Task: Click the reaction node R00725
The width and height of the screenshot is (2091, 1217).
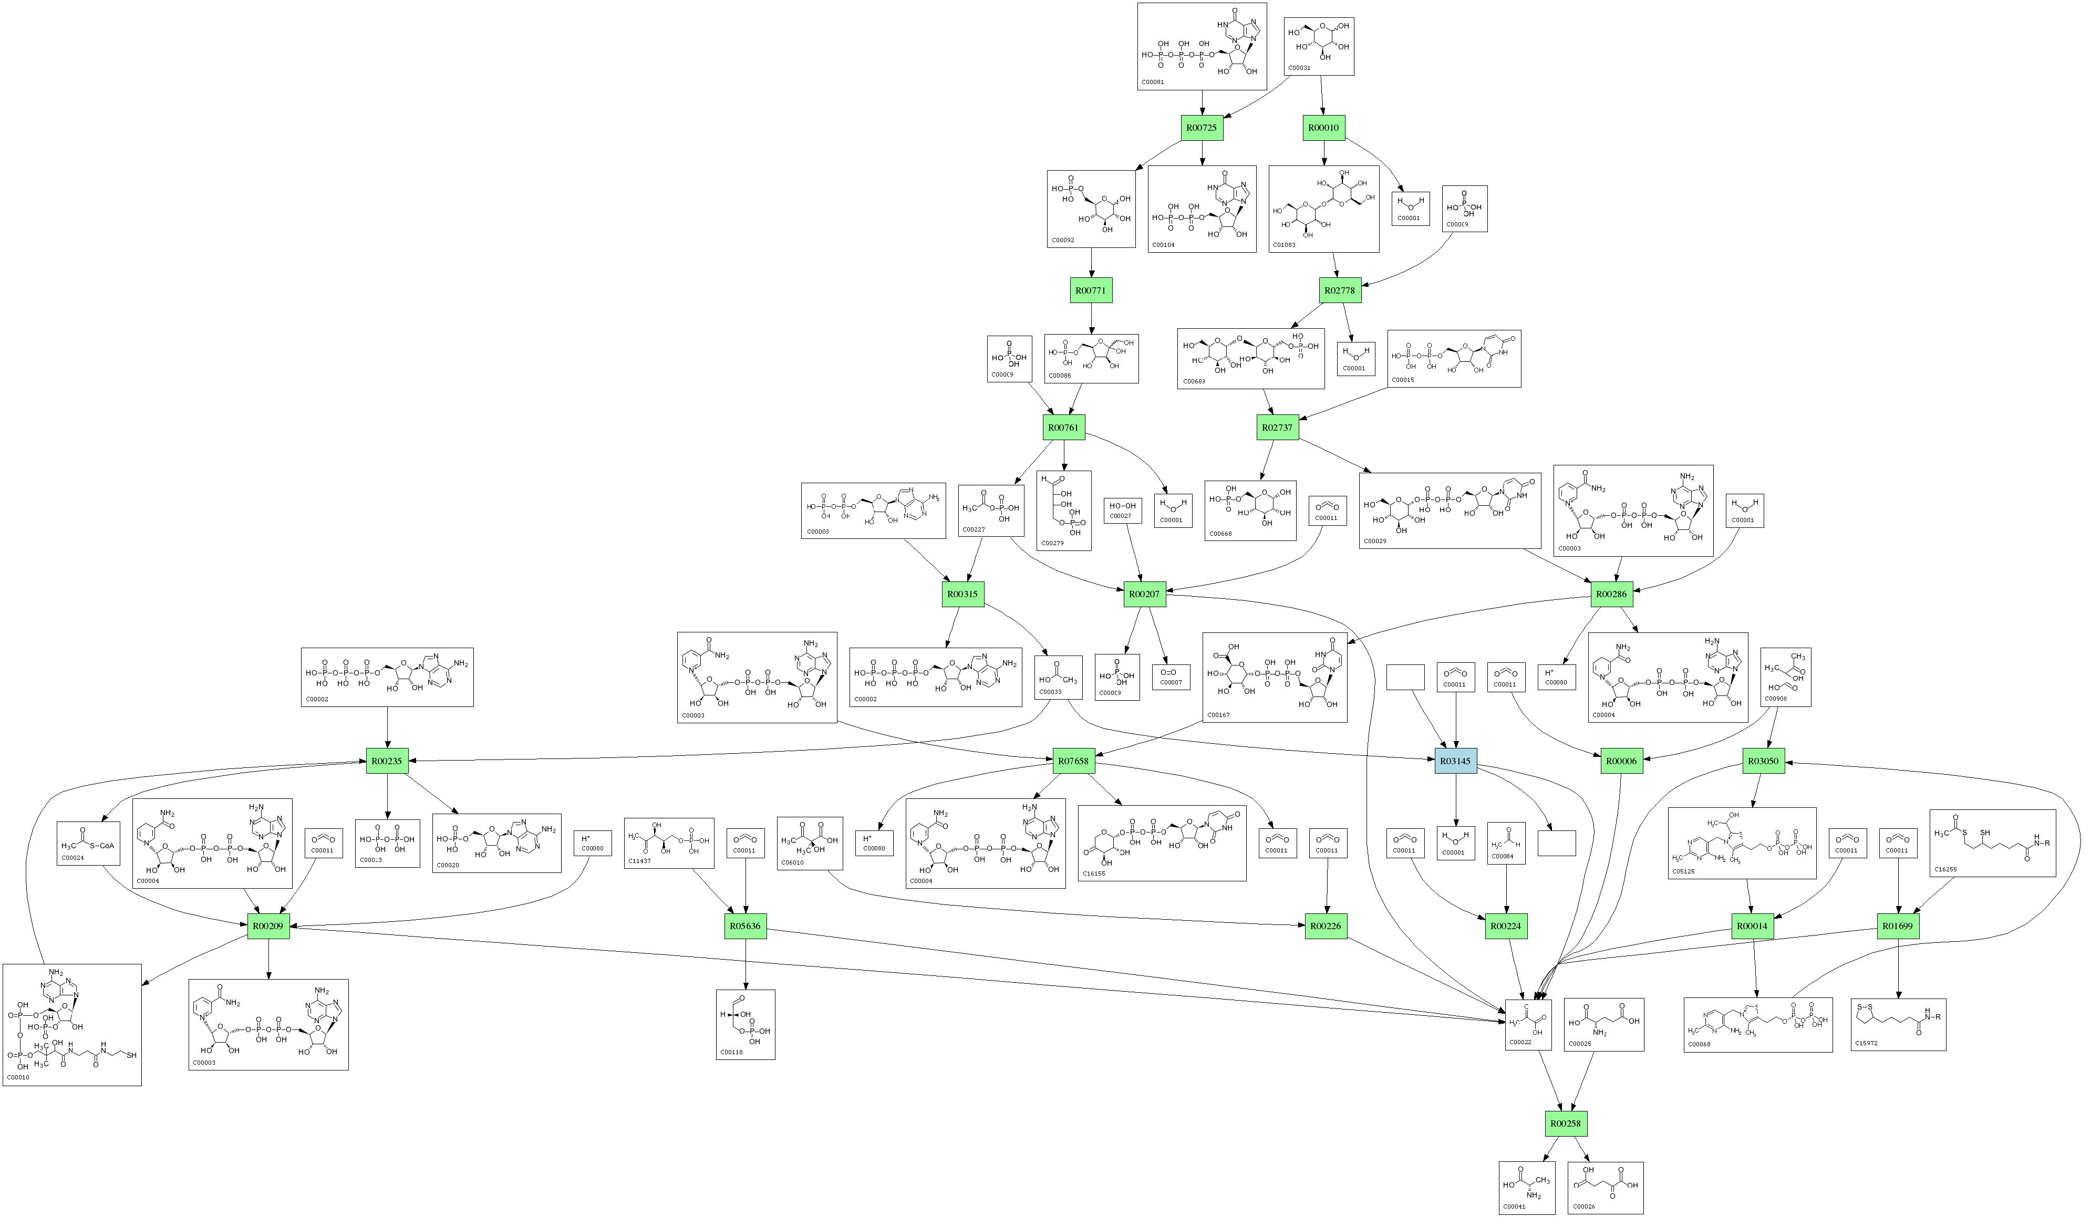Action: (x=1202, y=128)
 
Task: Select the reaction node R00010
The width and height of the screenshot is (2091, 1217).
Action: (x=1323, y=128)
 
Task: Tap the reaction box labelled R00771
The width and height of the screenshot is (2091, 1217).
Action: (x=1090, y=290)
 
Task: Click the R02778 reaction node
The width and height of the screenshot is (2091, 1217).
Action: (x=1339, y=290)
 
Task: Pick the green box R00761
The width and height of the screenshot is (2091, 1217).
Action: (x=1063, y=428)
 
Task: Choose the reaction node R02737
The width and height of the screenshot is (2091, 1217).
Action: (x=1277, y=428)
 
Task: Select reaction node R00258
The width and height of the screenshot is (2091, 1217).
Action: (x=1565, y=1124)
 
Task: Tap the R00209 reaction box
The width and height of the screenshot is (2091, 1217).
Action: (x=268, y=926)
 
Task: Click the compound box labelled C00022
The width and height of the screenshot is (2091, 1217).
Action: (x=1528, y=1025)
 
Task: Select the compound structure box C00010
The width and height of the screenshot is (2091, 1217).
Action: (x=72, y=1025)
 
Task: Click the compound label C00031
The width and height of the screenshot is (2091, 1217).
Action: (x=1299, y=68)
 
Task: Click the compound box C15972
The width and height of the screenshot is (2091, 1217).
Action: (x=1898, y=1025)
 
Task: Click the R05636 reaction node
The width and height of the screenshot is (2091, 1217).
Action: (x=745, y=926)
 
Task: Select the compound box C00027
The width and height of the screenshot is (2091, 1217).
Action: (x=1123, y=510)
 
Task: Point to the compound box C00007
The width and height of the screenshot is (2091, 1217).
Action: (x=1171, y=678)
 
